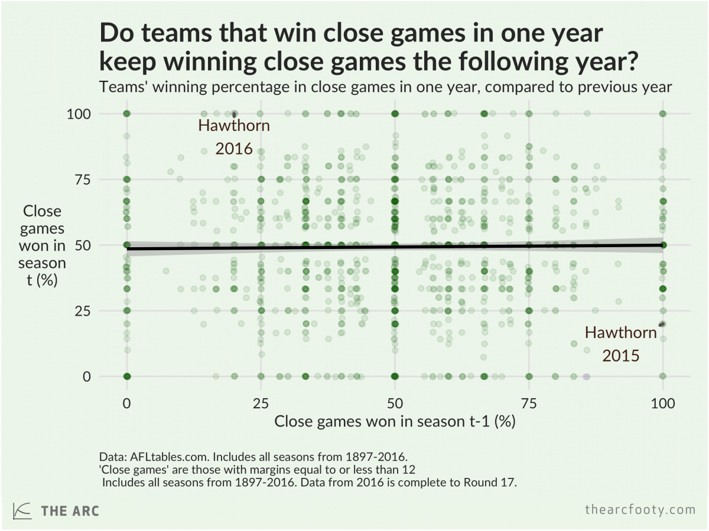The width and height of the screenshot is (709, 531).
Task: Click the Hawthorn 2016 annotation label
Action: click(234, 137)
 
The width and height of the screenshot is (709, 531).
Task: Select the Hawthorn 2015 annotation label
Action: click(620, 344)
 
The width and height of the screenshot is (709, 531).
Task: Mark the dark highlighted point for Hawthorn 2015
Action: click(662, 324)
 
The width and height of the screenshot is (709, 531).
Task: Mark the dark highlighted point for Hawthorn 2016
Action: click(235, 114)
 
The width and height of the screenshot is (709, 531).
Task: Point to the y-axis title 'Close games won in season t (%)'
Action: click(42, 245)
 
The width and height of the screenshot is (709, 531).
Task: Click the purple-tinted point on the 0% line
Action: click(586, 376)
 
